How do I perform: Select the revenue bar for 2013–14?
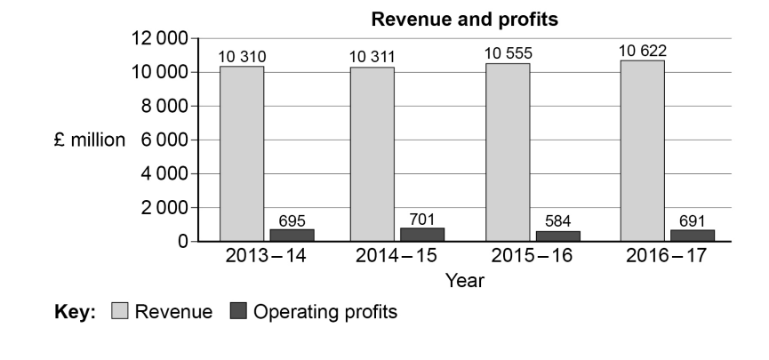[242, 153]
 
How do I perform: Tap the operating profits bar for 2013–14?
[292, 235]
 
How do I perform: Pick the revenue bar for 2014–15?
[372, 153]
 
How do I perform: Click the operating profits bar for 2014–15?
[423, 235]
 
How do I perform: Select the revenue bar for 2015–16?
[508, 151]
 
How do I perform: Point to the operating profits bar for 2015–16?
[558, 236]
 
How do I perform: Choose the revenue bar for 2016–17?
[642, 150]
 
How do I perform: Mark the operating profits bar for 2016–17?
[693, 235]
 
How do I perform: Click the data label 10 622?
[643, 51]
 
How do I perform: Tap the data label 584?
[558, 221]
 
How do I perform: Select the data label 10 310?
[242, 56]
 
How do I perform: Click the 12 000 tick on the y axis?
[159, 38]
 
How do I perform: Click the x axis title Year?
[464, 282]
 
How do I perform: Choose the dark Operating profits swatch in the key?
[237, 312]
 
